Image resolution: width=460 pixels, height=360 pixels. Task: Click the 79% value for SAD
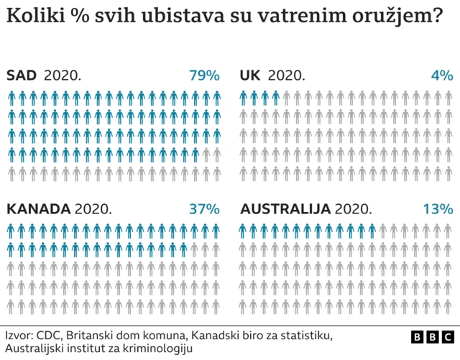point(204,75)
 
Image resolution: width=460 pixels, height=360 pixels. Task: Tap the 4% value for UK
point(442,75)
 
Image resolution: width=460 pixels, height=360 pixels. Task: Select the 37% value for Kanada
point(204,209)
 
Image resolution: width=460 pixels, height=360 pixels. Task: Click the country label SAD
point(22,75)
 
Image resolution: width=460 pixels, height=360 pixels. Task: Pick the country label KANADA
point(39,209)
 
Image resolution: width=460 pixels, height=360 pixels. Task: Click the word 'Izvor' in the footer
point(19,336)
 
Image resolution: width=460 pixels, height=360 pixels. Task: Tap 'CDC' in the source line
point(49,336)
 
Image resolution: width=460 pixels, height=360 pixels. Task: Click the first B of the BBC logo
point(417,336)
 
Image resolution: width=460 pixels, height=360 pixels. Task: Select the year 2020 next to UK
point(286,75)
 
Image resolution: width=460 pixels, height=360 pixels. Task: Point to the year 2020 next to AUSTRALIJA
point(354,209)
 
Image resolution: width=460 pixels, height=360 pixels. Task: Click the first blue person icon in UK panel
point(244,98)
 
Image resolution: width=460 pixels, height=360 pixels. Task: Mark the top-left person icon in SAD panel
point(11,98)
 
